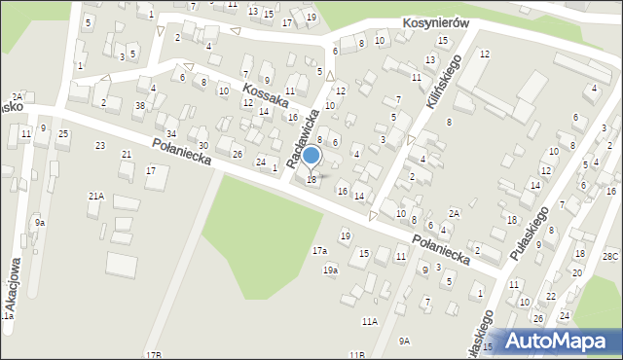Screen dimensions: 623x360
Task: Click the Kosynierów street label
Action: (437, 22)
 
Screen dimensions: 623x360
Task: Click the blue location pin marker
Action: (311, 157)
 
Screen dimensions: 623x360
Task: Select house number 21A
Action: (95, 197)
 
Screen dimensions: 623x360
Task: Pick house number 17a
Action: (319, 251)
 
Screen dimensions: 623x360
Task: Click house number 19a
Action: (330, 270)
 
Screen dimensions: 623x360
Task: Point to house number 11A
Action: (370, 321)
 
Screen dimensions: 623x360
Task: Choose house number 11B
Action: (357, 354)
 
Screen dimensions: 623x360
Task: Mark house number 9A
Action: (404, 341)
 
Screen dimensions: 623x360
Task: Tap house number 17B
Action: (153, 354)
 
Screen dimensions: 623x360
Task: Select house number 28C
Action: (609, 256)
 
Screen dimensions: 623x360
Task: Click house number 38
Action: (140, 105)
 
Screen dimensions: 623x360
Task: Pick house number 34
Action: (170, 133)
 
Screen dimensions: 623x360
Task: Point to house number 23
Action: (99, 146)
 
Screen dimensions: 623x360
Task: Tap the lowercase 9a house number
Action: (40, 222)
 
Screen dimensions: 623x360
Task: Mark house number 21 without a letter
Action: (126, 155)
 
